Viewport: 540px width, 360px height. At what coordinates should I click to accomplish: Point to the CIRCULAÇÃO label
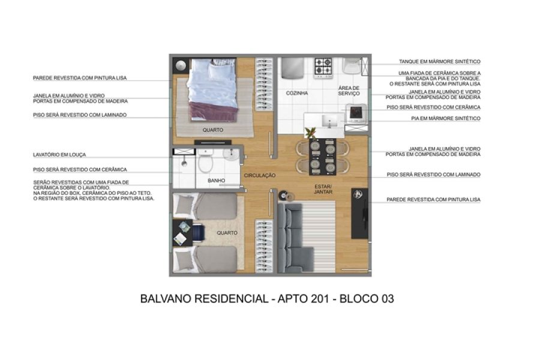(260, 175)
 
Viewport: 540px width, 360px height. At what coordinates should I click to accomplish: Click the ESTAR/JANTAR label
(323, 189)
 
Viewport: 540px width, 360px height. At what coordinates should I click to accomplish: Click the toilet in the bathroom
(205, 162)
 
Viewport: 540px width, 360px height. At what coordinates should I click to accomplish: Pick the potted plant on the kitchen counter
(311, 133)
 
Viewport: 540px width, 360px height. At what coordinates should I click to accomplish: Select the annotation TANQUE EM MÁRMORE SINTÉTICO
(439, 61)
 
